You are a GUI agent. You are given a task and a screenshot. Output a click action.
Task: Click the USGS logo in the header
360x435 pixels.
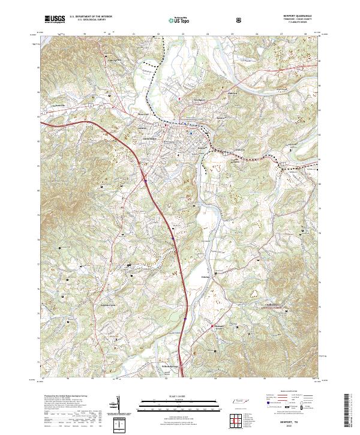[55, 19]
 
